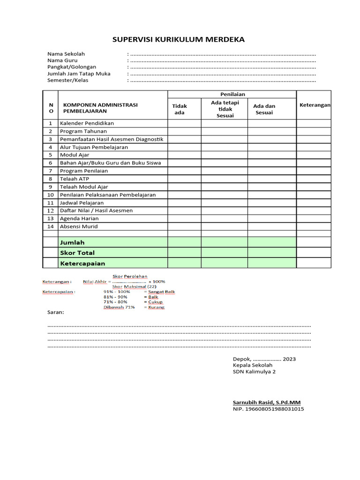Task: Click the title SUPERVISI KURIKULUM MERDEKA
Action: [x=179, y=39]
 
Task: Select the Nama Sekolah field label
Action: [x=66, y=54]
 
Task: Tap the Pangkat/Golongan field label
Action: [x=72, y=67]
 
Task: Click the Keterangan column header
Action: [x=315, y=105]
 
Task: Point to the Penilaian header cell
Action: [x=232, y=95]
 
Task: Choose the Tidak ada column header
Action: [x=180, y=109]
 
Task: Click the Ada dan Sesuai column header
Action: [x=264, y=109]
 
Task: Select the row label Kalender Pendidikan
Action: [x=87, y=123]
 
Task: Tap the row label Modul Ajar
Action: [x=75, y=155]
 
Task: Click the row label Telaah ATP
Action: [x=74, y=179]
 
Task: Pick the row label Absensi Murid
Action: [x=79, y=226]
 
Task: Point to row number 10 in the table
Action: [x=51, y=195]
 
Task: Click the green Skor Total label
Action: [x=77, y=253]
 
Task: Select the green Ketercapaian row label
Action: [x=82, y=263]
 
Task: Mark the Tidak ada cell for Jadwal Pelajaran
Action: [x=185, y=203]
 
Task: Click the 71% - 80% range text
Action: [x=115, y=302]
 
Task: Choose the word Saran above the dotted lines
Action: [x=56, y=312]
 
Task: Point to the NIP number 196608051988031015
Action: [x=268, y=409]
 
